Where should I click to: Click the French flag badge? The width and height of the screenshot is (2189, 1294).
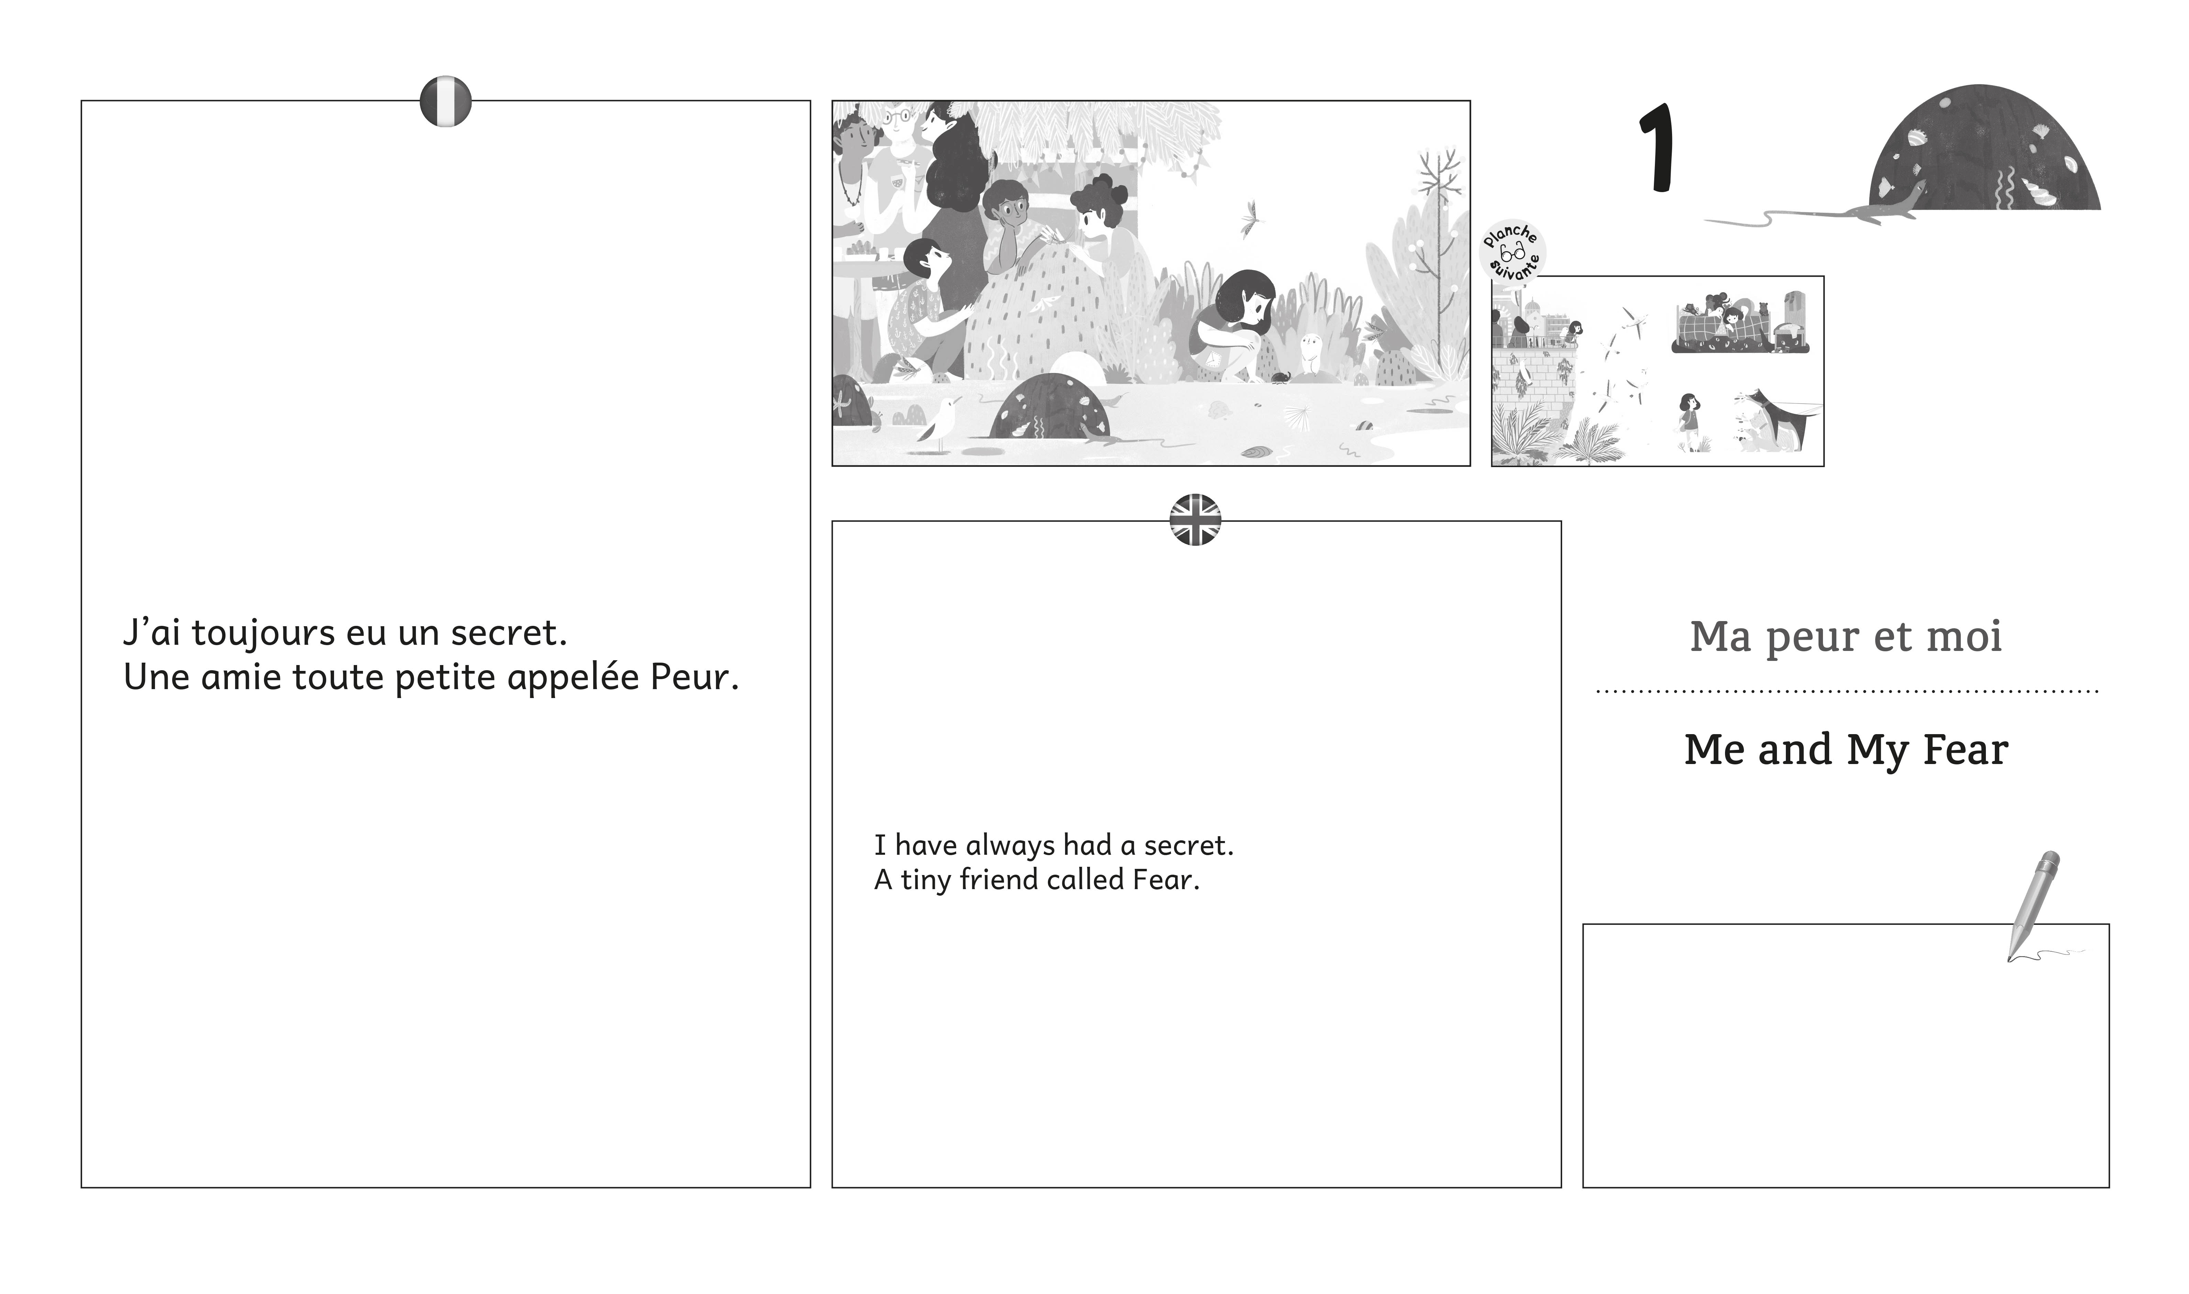(445, 101)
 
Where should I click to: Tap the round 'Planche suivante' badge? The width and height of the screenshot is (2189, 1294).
(1514, 250)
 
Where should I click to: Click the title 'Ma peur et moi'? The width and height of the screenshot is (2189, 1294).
(1846, 637)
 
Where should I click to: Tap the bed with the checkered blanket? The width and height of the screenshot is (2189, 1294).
(1739, 331)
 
